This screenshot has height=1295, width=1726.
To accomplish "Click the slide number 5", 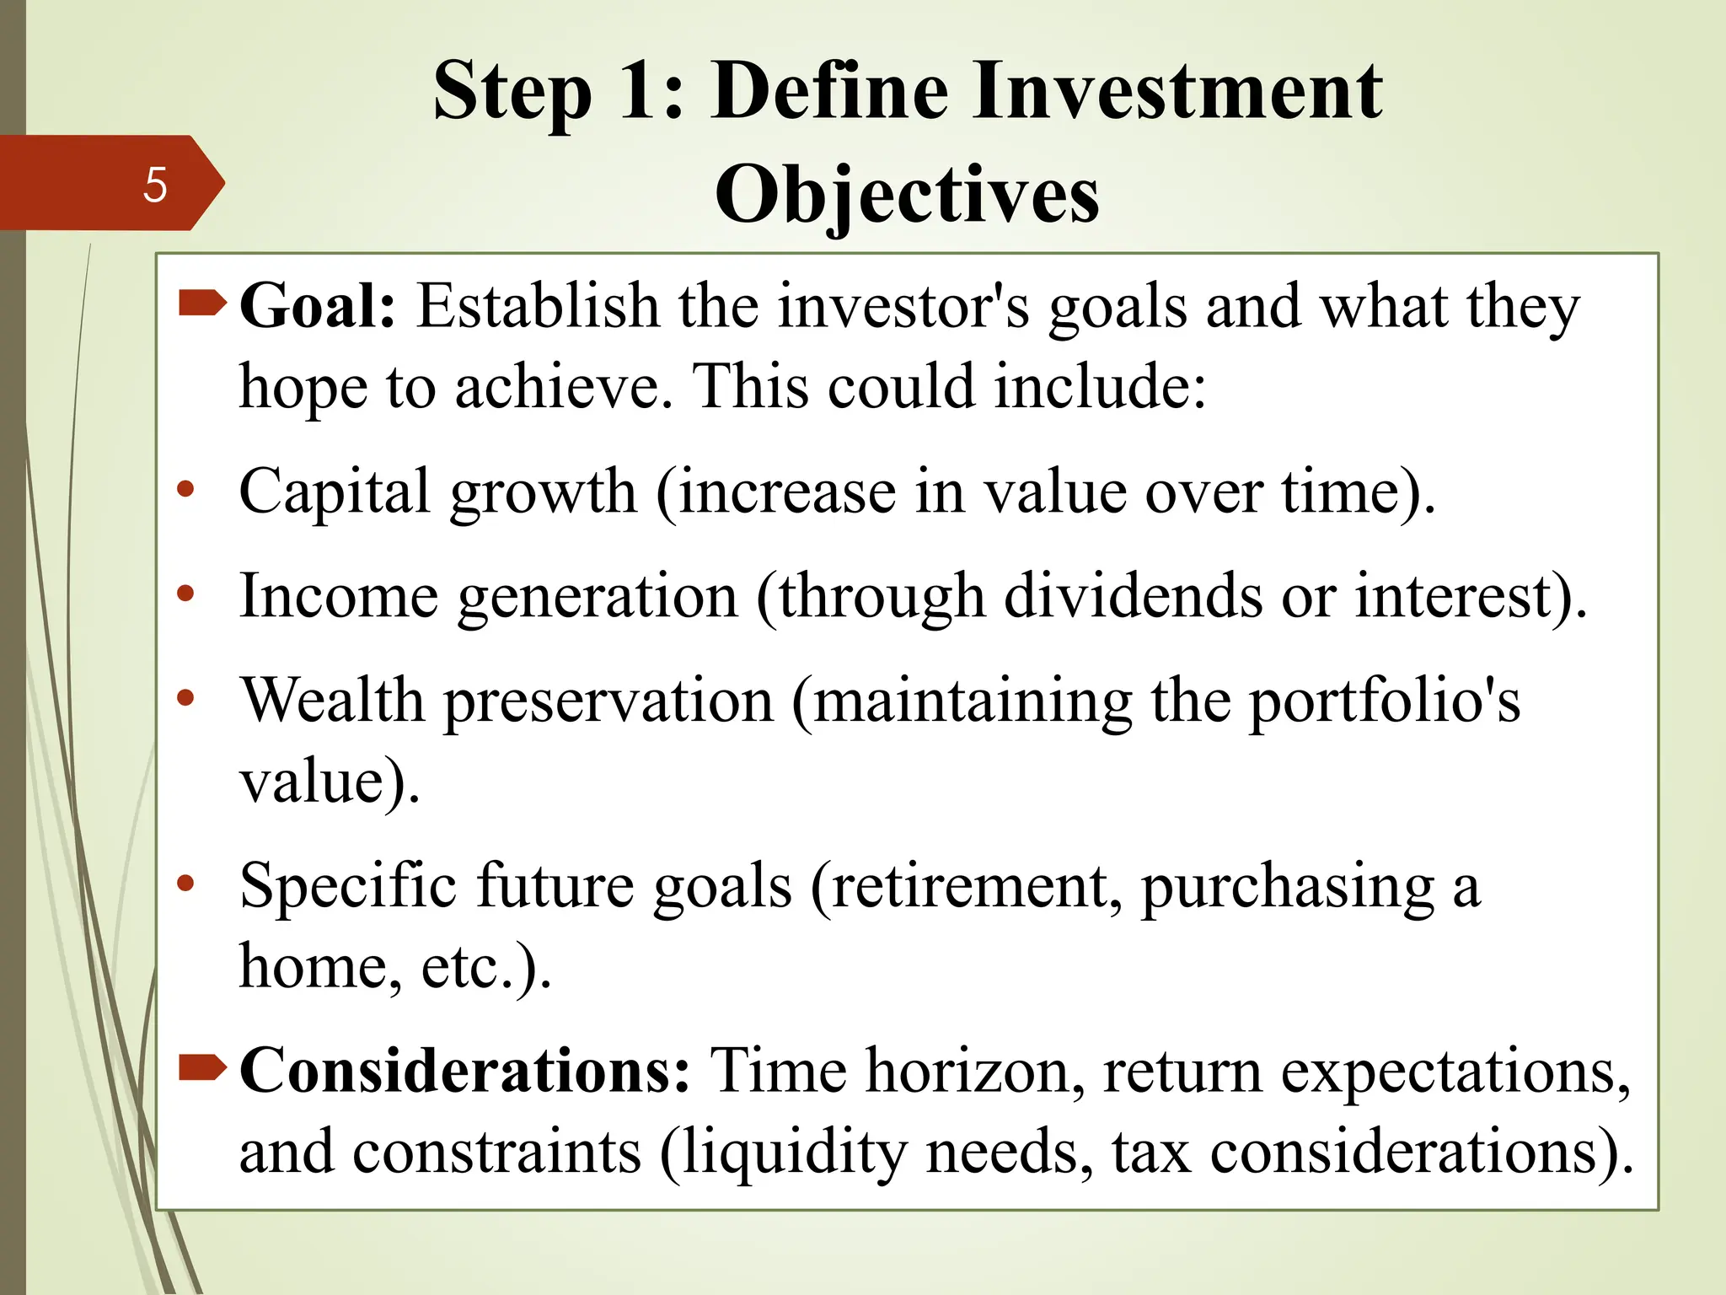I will click(155, 185).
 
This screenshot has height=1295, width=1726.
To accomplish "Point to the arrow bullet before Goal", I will click(202, 303).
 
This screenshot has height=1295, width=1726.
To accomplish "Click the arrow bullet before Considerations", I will click(202, 1068).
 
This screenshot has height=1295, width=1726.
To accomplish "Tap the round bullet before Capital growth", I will click(186, 489).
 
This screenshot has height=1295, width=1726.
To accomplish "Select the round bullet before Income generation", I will click(186, 594).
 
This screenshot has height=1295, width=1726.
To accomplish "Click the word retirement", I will click(971, 887).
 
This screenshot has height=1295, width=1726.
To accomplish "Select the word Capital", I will click(335, 492).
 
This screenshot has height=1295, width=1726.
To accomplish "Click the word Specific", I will click(349, 887).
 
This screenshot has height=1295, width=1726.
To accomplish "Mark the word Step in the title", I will click(512, 93).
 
